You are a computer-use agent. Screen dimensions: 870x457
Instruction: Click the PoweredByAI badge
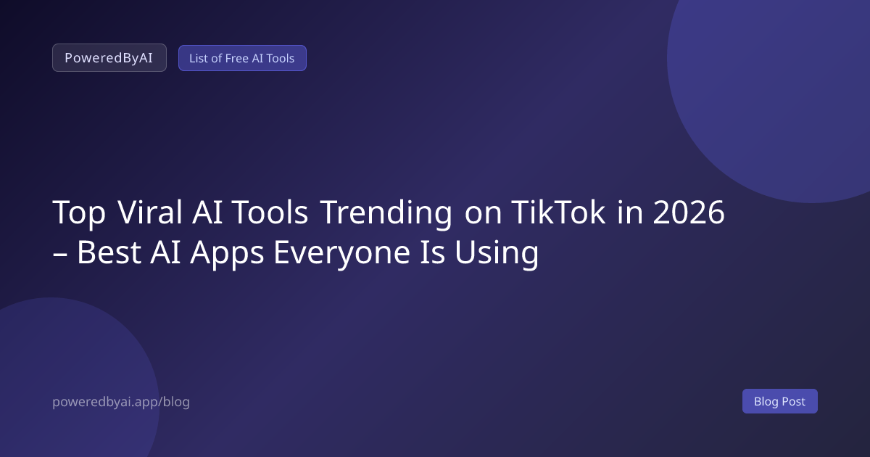[x=109, y=57]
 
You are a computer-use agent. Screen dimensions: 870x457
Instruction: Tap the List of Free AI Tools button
[x=242, y=58]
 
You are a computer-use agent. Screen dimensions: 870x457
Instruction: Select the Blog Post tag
[x=780, y=401]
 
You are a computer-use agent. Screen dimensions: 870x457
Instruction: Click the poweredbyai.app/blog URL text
[x=121, y=402]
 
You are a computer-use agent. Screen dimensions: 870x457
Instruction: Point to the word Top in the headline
[x=79, y=213]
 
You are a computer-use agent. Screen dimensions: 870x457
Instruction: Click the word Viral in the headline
[x=149, y=212]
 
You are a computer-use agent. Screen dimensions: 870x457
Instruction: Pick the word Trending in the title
[x=387, y=213]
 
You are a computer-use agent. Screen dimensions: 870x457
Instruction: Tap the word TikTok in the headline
[x=558, y=212]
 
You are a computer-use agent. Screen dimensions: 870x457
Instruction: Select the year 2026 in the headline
[x=689, y=212]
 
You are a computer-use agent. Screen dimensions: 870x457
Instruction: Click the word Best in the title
[x=109, y=252]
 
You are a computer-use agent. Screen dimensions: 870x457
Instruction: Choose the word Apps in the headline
[x=227, y=253]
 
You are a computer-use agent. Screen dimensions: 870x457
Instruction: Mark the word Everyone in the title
[x=341, y=253]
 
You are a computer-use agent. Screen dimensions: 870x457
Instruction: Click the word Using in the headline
[x=497, y=253]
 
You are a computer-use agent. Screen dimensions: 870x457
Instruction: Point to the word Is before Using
[x=433, y=252]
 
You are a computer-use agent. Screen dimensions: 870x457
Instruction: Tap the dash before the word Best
[x=59, y=255]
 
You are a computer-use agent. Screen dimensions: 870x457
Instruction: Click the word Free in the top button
[x=237, y=58]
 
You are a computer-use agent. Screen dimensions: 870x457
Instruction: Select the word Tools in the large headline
[x=270, y=212]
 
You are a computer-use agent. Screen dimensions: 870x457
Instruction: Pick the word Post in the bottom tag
[x=793, y=401]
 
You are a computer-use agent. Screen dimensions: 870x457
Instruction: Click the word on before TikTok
[x=483, y=215]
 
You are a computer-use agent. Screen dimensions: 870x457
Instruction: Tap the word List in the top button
[x=198, y=58]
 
